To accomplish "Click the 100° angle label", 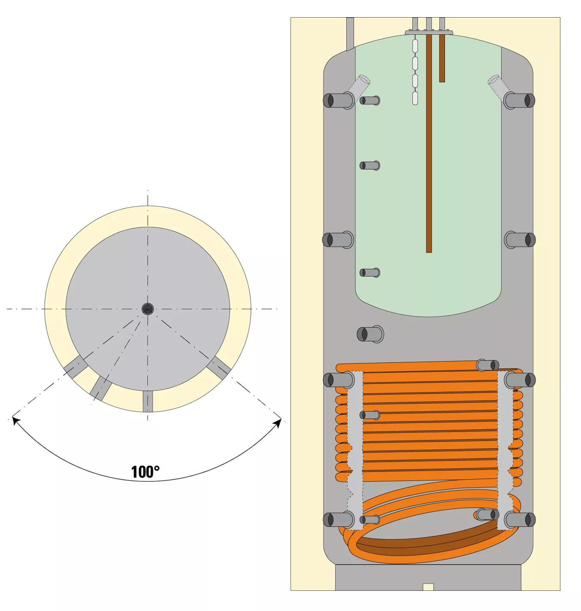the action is (145, 472).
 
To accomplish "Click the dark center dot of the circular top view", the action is (148, 309).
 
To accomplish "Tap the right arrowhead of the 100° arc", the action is (278, 423).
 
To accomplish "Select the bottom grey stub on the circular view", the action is (148, 401).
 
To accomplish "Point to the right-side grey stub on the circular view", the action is (220, 368).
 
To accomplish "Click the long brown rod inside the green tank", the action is (429, 143).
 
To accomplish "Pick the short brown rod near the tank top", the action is (442, 58).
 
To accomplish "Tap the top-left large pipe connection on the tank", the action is (339, 100).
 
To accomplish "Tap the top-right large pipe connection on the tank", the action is (519, 100).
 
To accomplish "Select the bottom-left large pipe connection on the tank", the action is (339, 519).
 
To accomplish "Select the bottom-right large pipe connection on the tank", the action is (520, 519).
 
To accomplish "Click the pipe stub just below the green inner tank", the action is (370, 334).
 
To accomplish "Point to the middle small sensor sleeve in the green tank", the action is (370, 165).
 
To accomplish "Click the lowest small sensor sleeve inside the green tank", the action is (370, 273).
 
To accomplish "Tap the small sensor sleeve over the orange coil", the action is (370, 415).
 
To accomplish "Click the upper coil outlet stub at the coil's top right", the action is (488, 365).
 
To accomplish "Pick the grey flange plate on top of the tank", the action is (429, 32).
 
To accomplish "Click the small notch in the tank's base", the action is (428, 587).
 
